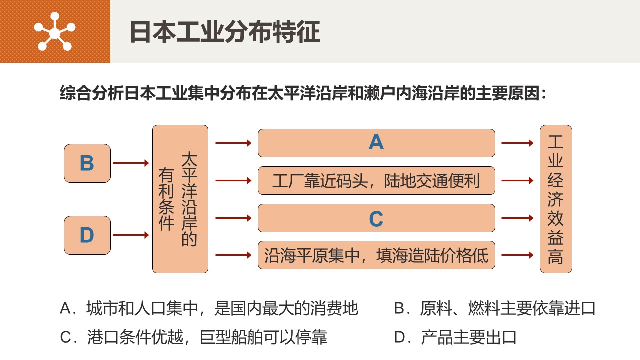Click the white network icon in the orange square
(x=54, y=31)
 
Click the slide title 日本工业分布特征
(x=225, y=32)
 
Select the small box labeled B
(x=87, y=163)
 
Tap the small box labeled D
(x=87, y=235)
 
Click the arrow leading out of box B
(x=131, y=163)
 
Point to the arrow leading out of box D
(x=131, y=235)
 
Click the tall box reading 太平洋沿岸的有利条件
(x=180, y=199)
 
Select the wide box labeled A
(x=376, y=143)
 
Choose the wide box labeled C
(x=376, y=218)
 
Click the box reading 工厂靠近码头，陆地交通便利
(x=376, y=181)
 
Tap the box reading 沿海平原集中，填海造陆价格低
(x=376, y=255)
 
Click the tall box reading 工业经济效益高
(x=556, y=199)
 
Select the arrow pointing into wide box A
(x=233, y=143)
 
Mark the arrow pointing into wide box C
(x=233, y=218)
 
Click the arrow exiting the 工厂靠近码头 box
(x=517, y=181)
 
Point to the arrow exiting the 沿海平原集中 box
(x=517, y=255)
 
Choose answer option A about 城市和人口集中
(x=209, y=308)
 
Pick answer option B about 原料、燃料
(x=495, y=308)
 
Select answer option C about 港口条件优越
(x=193, y=337)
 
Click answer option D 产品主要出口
(x=455, y=337)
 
